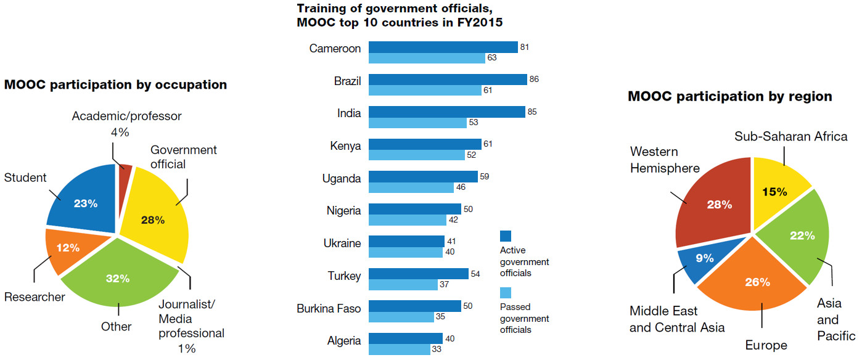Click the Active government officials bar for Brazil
[x=448, y=80]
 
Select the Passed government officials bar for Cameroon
[x=427, y=58]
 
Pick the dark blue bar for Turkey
[x=418, y=273]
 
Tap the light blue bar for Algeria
[x=399, y=350]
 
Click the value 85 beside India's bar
[x=532, y=112]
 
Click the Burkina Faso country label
[x=329, y=308]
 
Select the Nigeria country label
[x=343, y=211]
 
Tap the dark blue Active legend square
[x=506, y=235]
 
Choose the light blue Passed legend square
[x=506, y=292]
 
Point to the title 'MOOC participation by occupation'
[x=115, y=84]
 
